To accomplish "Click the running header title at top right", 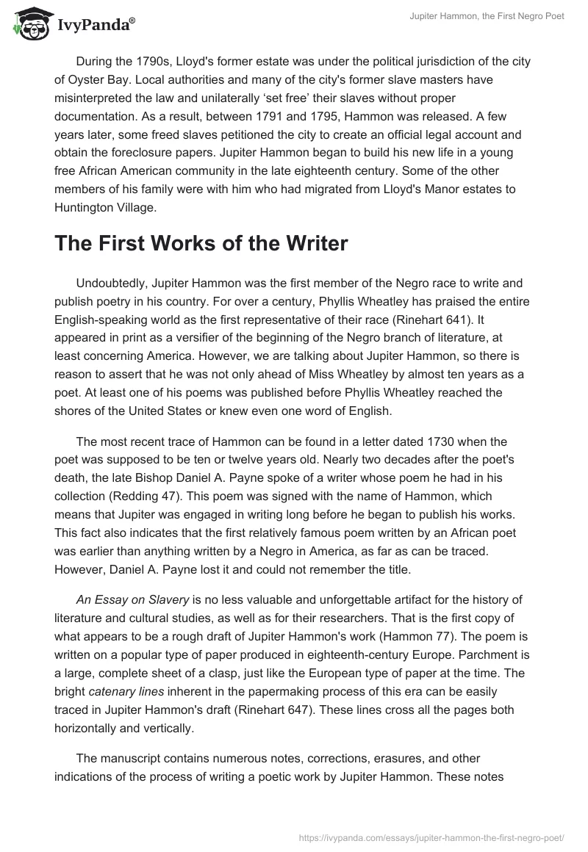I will tap(487, 16).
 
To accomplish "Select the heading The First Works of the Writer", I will tap(201, 244).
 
